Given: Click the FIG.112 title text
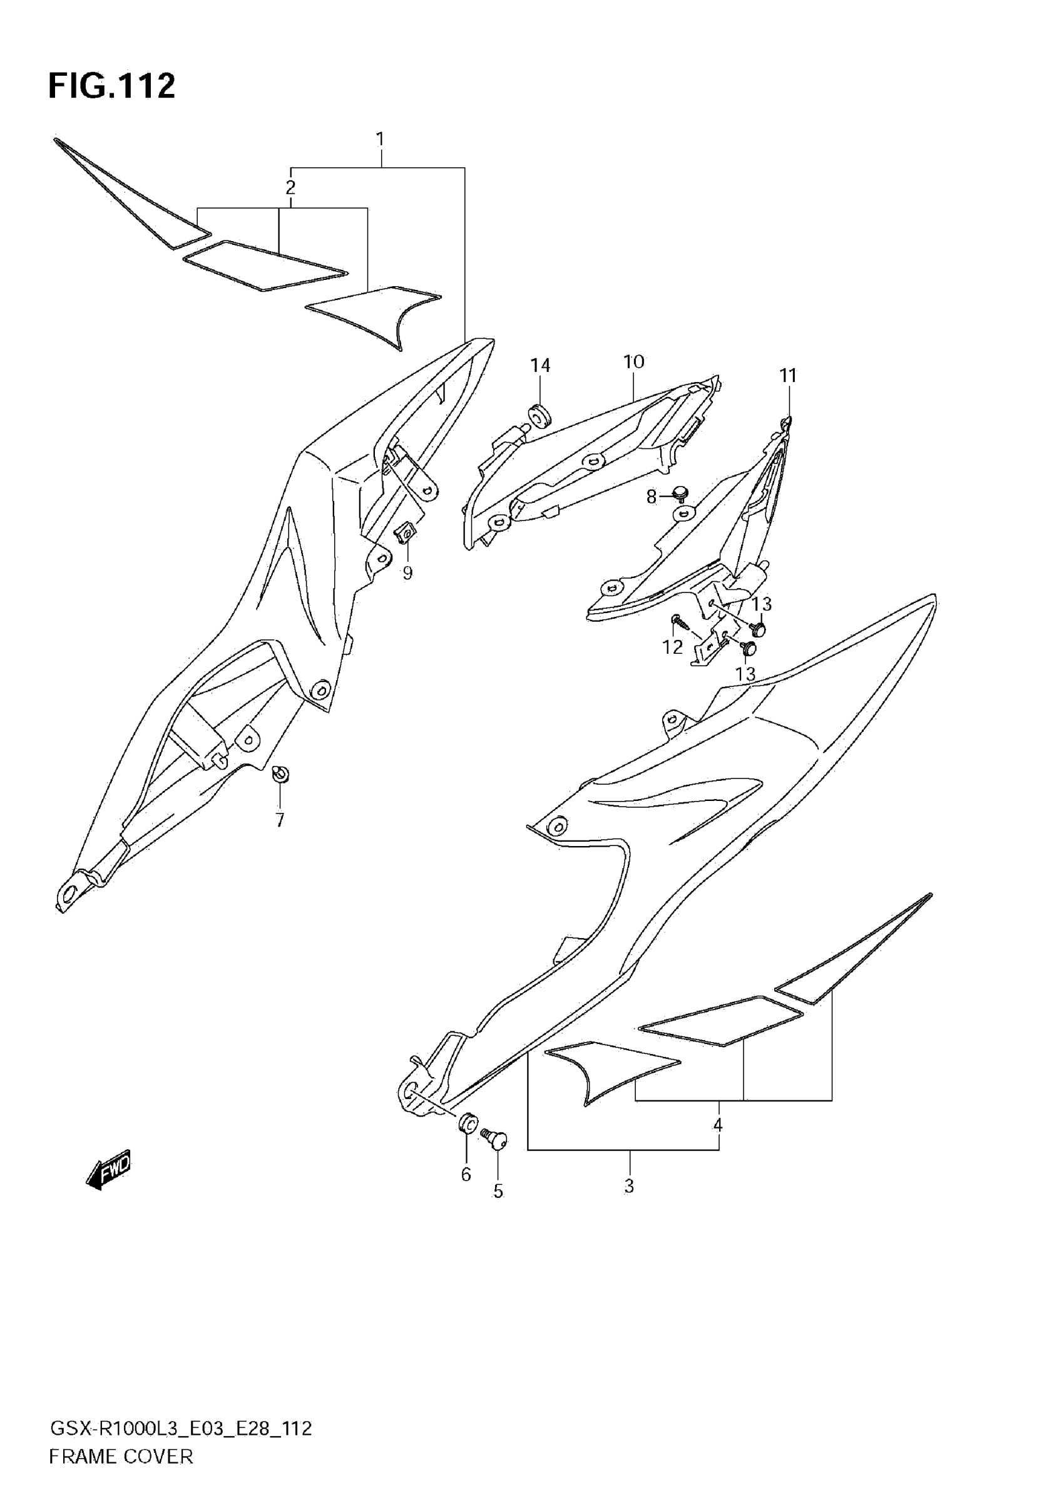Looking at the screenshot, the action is [x=111, y=86].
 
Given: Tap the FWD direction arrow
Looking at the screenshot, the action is [x=109, y=1170].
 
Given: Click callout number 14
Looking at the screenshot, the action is [x=540, y=365].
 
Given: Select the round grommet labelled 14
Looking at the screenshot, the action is [x=540, y=416].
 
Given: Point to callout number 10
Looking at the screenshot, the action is [x=633, y=361].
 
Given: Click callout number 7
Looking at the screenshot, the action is [x=280, y=820].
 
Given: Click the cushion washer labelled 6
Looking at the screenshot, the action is [x=468, y=1125].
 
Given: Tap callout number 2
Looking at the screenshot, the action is [x=290, y=188].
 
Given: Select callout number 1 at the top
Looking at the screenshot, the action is [x=380, y=139].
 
